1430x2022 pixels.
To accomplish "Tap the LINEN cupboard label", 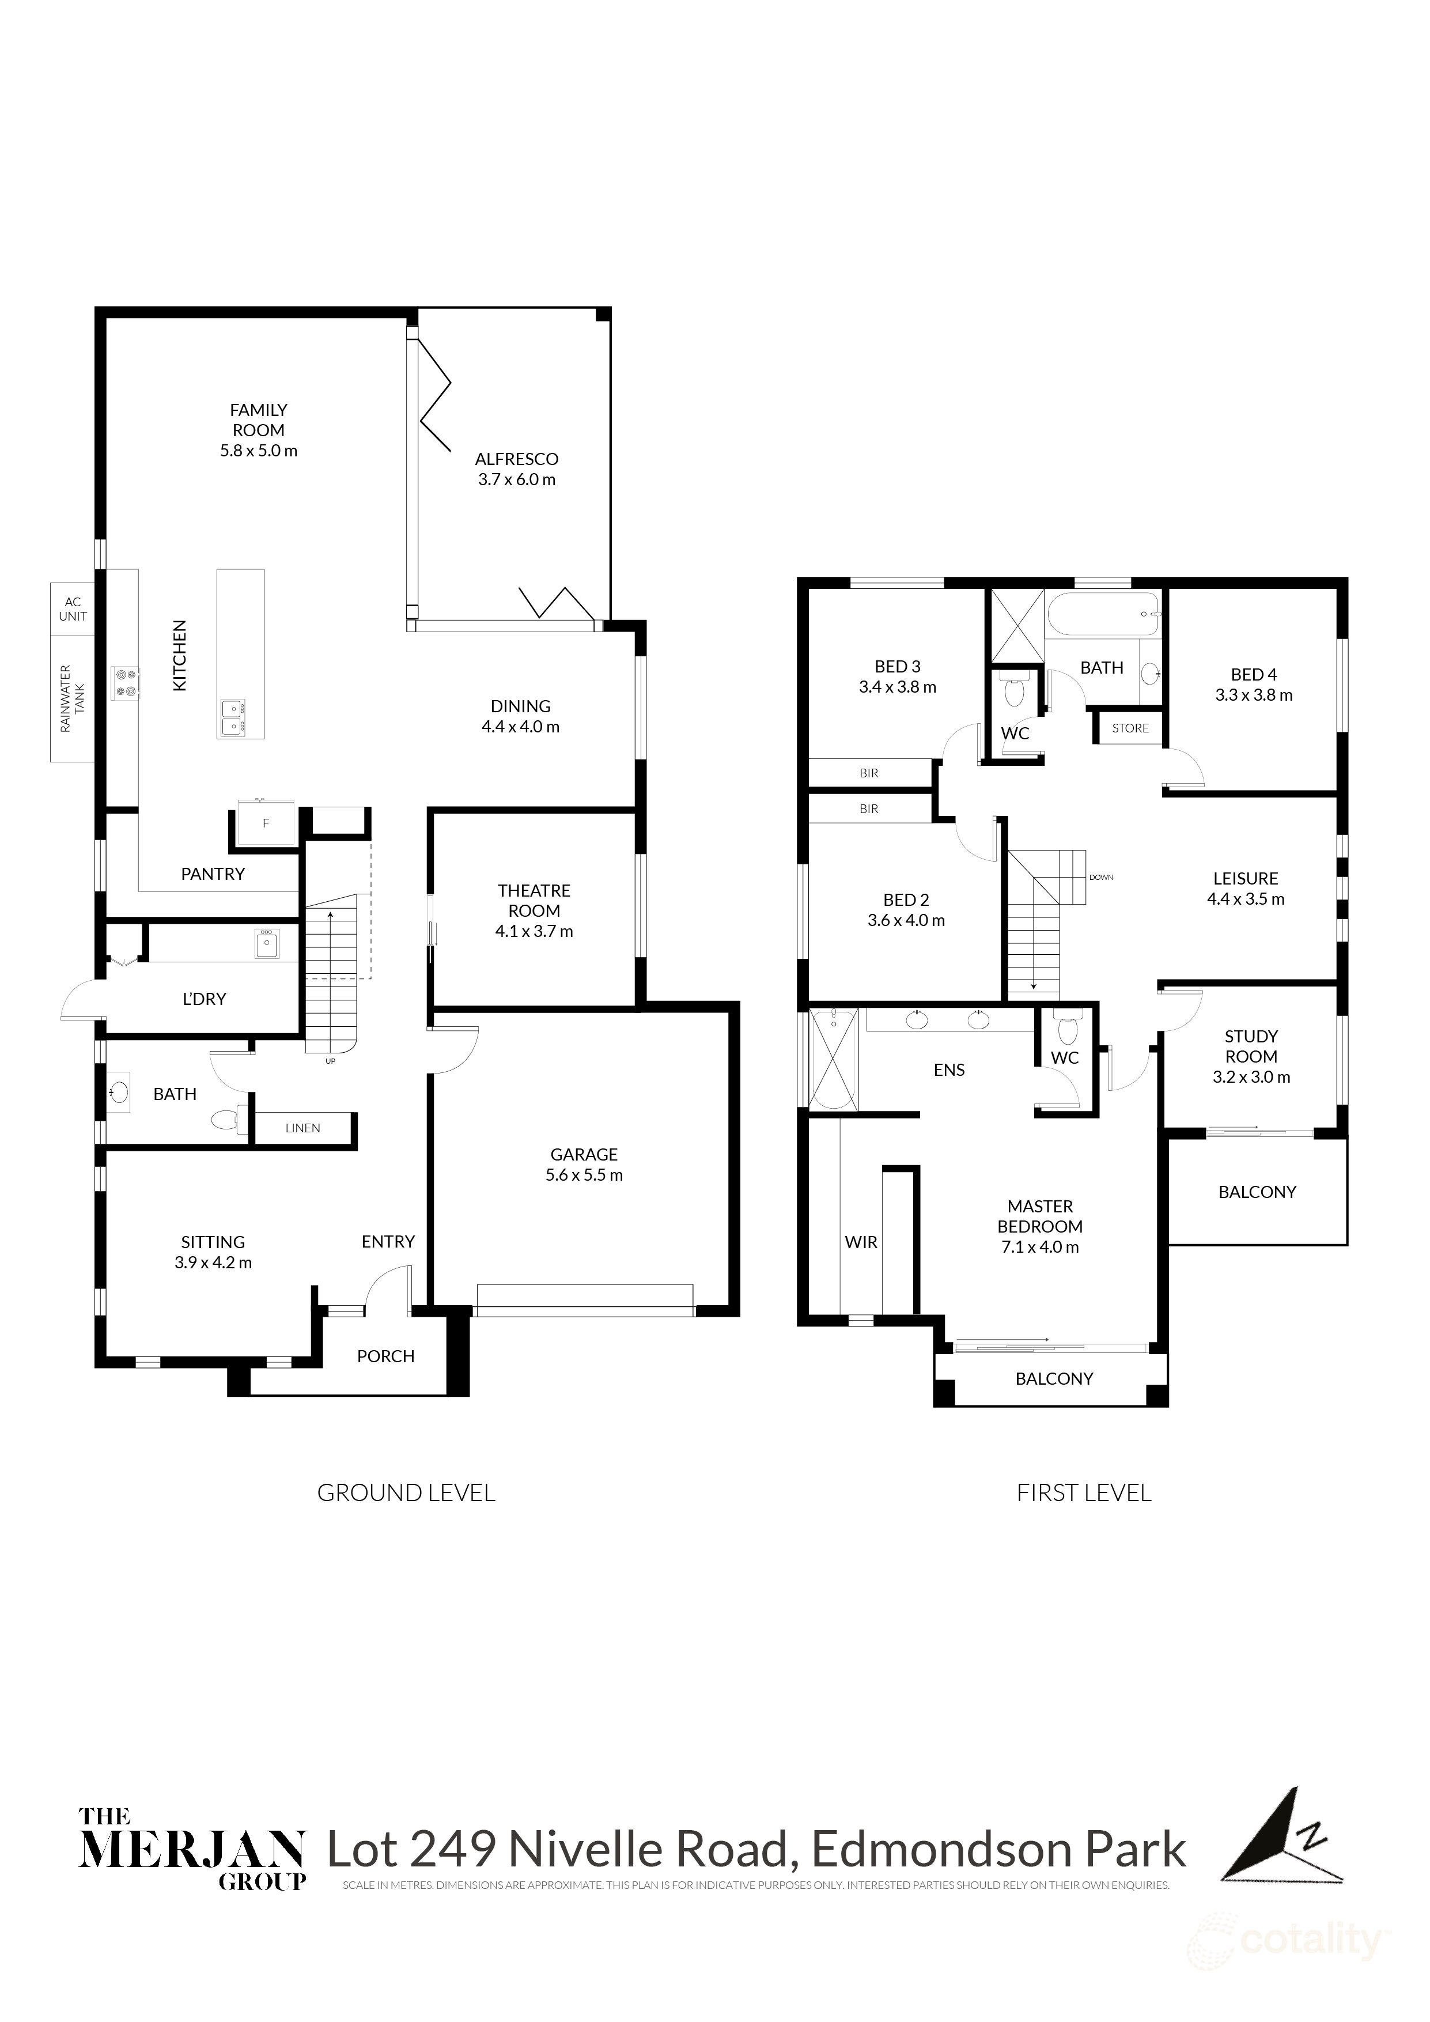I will (x=303, y=1128).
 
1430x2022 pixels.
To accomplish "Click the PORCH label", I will (x=385, y=1357).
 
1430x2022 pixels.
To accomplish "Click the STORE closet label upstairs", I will (x=1130, y=728).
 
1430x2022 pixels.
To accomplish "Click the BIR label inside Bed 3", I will (x=868, y=773).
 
